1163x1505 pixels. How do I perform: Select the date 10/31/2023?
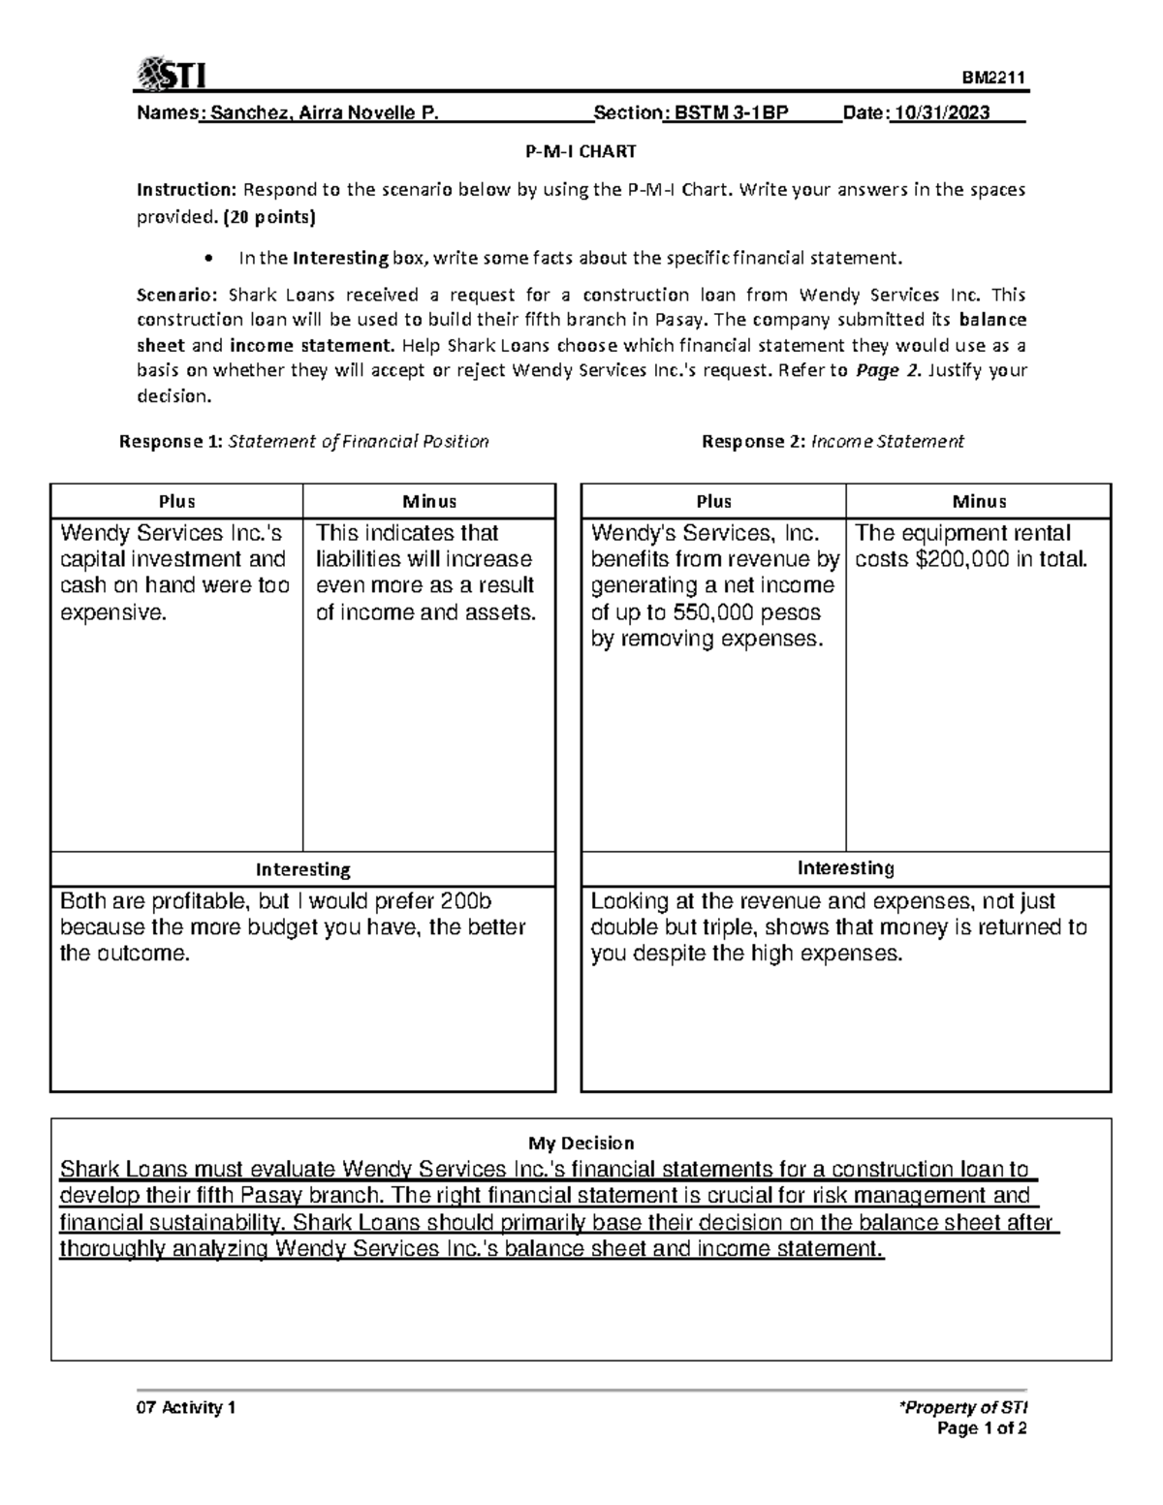point(942,113)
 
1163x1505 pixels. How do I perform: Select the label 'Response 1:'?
point(170,442)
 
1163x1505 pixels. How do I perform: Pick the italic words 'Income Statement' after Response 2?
point(887,442)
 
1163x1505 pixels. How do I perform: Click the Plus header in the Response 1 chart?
point(176,501)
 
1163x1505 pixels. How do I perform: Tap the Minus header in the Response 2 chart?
point(979,501)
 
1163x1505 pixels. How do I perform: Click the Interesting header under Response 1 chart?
point(302,869)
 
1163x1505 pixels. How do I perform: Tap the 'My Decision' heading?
point(581,1143)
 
